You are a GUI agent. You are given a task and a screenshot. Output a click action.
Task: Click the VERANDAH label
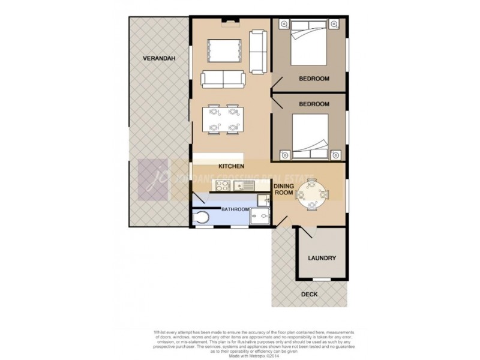tap(158, 58)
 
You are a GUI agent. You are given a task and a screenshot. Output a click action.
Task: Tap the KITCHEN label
tap(230, 166)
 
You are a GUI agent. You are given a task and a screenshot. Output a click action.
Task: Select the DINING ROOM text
tap(283, 190)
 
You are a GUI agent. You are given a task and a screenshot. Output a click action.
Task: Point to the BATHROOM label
tap(235, 209)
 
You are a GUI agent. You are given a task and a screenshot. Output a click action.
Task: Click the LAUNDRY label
tap(322, 259)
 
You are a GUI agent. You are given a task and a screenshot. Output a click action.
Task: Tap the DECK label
tap(310, 295)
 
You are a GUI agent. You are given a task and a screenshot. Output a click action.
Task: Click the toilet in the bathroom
tap(202, 217)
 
